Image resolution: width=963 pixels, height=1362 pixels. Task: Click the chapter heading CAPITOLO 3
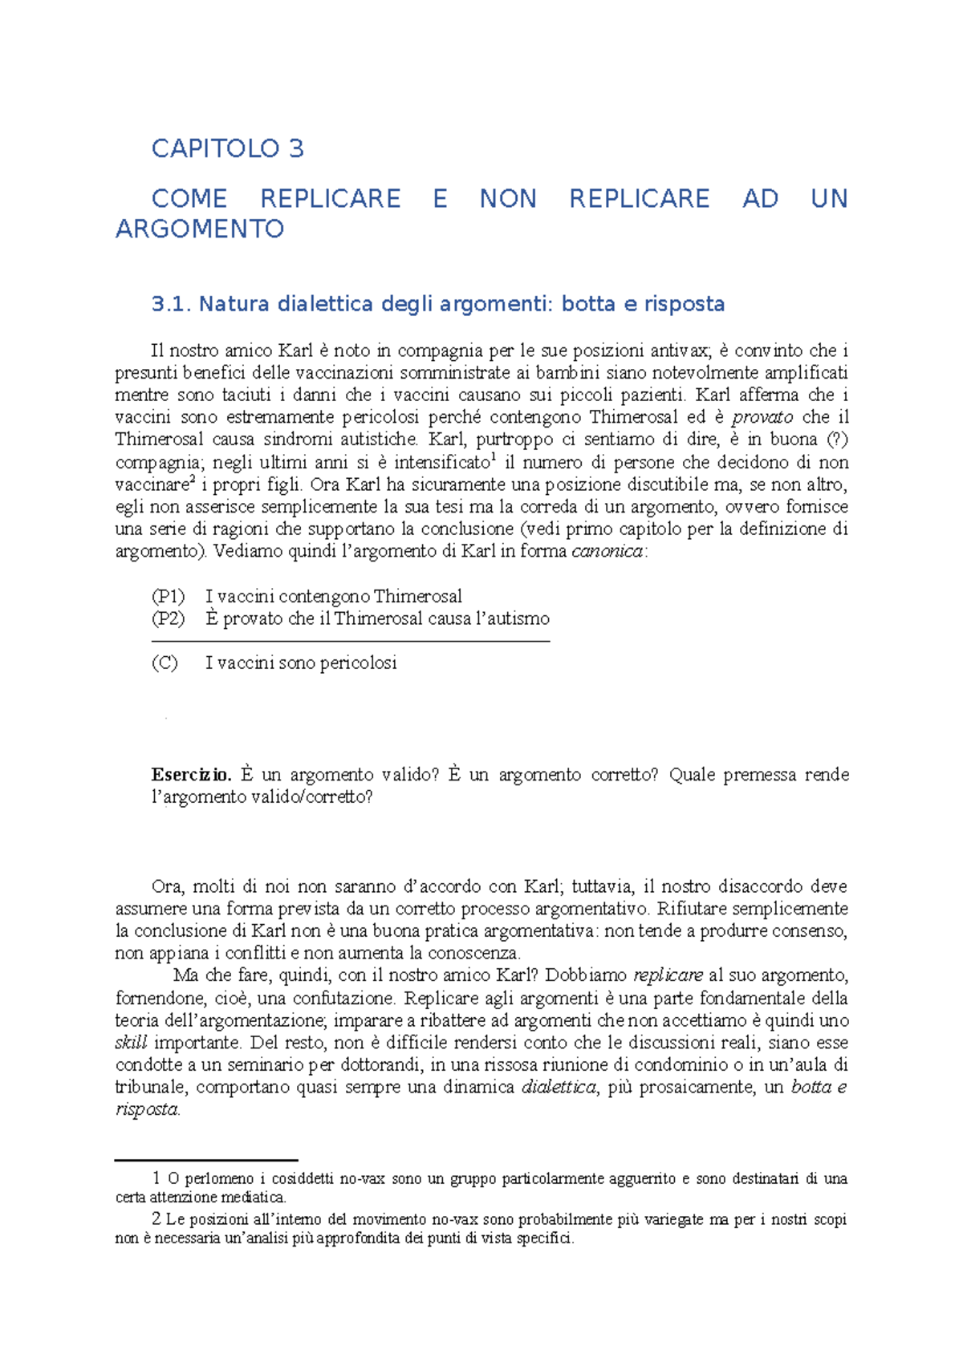point(227,149)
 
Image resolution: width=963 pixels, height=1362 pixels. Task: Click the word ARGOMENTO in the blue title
point(200,229)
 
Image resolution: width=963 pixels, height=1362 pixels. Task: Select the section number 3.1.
point(171,304)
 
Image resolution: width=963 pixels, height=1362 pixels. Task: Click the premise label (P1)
point(168,597)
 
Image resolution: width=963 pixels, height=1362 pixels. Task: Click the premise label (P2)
point(168,618)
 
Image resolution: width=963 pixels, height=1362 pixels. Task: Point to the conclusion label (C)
point(165,663)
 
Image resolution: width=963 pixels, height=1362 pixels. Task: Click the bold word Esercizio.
point(191,775)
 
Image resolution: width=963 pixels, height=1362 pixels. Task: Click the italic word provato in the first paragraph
point(762,417)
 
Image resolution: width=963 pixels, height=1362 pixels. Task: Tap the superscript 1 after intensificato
point(493,458)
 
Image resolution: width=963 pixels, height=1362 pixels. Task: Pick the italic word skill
point(131,1044)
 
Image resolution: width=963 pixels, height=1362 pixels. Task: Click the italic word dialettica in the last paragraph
point(559,1088)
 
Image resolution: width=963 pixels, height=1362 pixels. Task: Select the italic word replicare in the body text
point(668,976)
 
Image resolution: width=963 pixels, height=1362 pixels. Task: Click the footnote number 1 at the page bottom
point(156,1179)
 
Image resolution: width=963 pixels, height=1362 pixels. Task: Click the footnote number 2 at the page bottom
point(156,1220)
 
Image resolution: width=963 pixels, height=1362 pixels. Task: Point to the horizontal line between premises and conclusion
point(350,642)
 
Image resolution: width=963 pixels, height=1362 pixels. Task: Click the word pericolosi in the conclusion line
point(358,663)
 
